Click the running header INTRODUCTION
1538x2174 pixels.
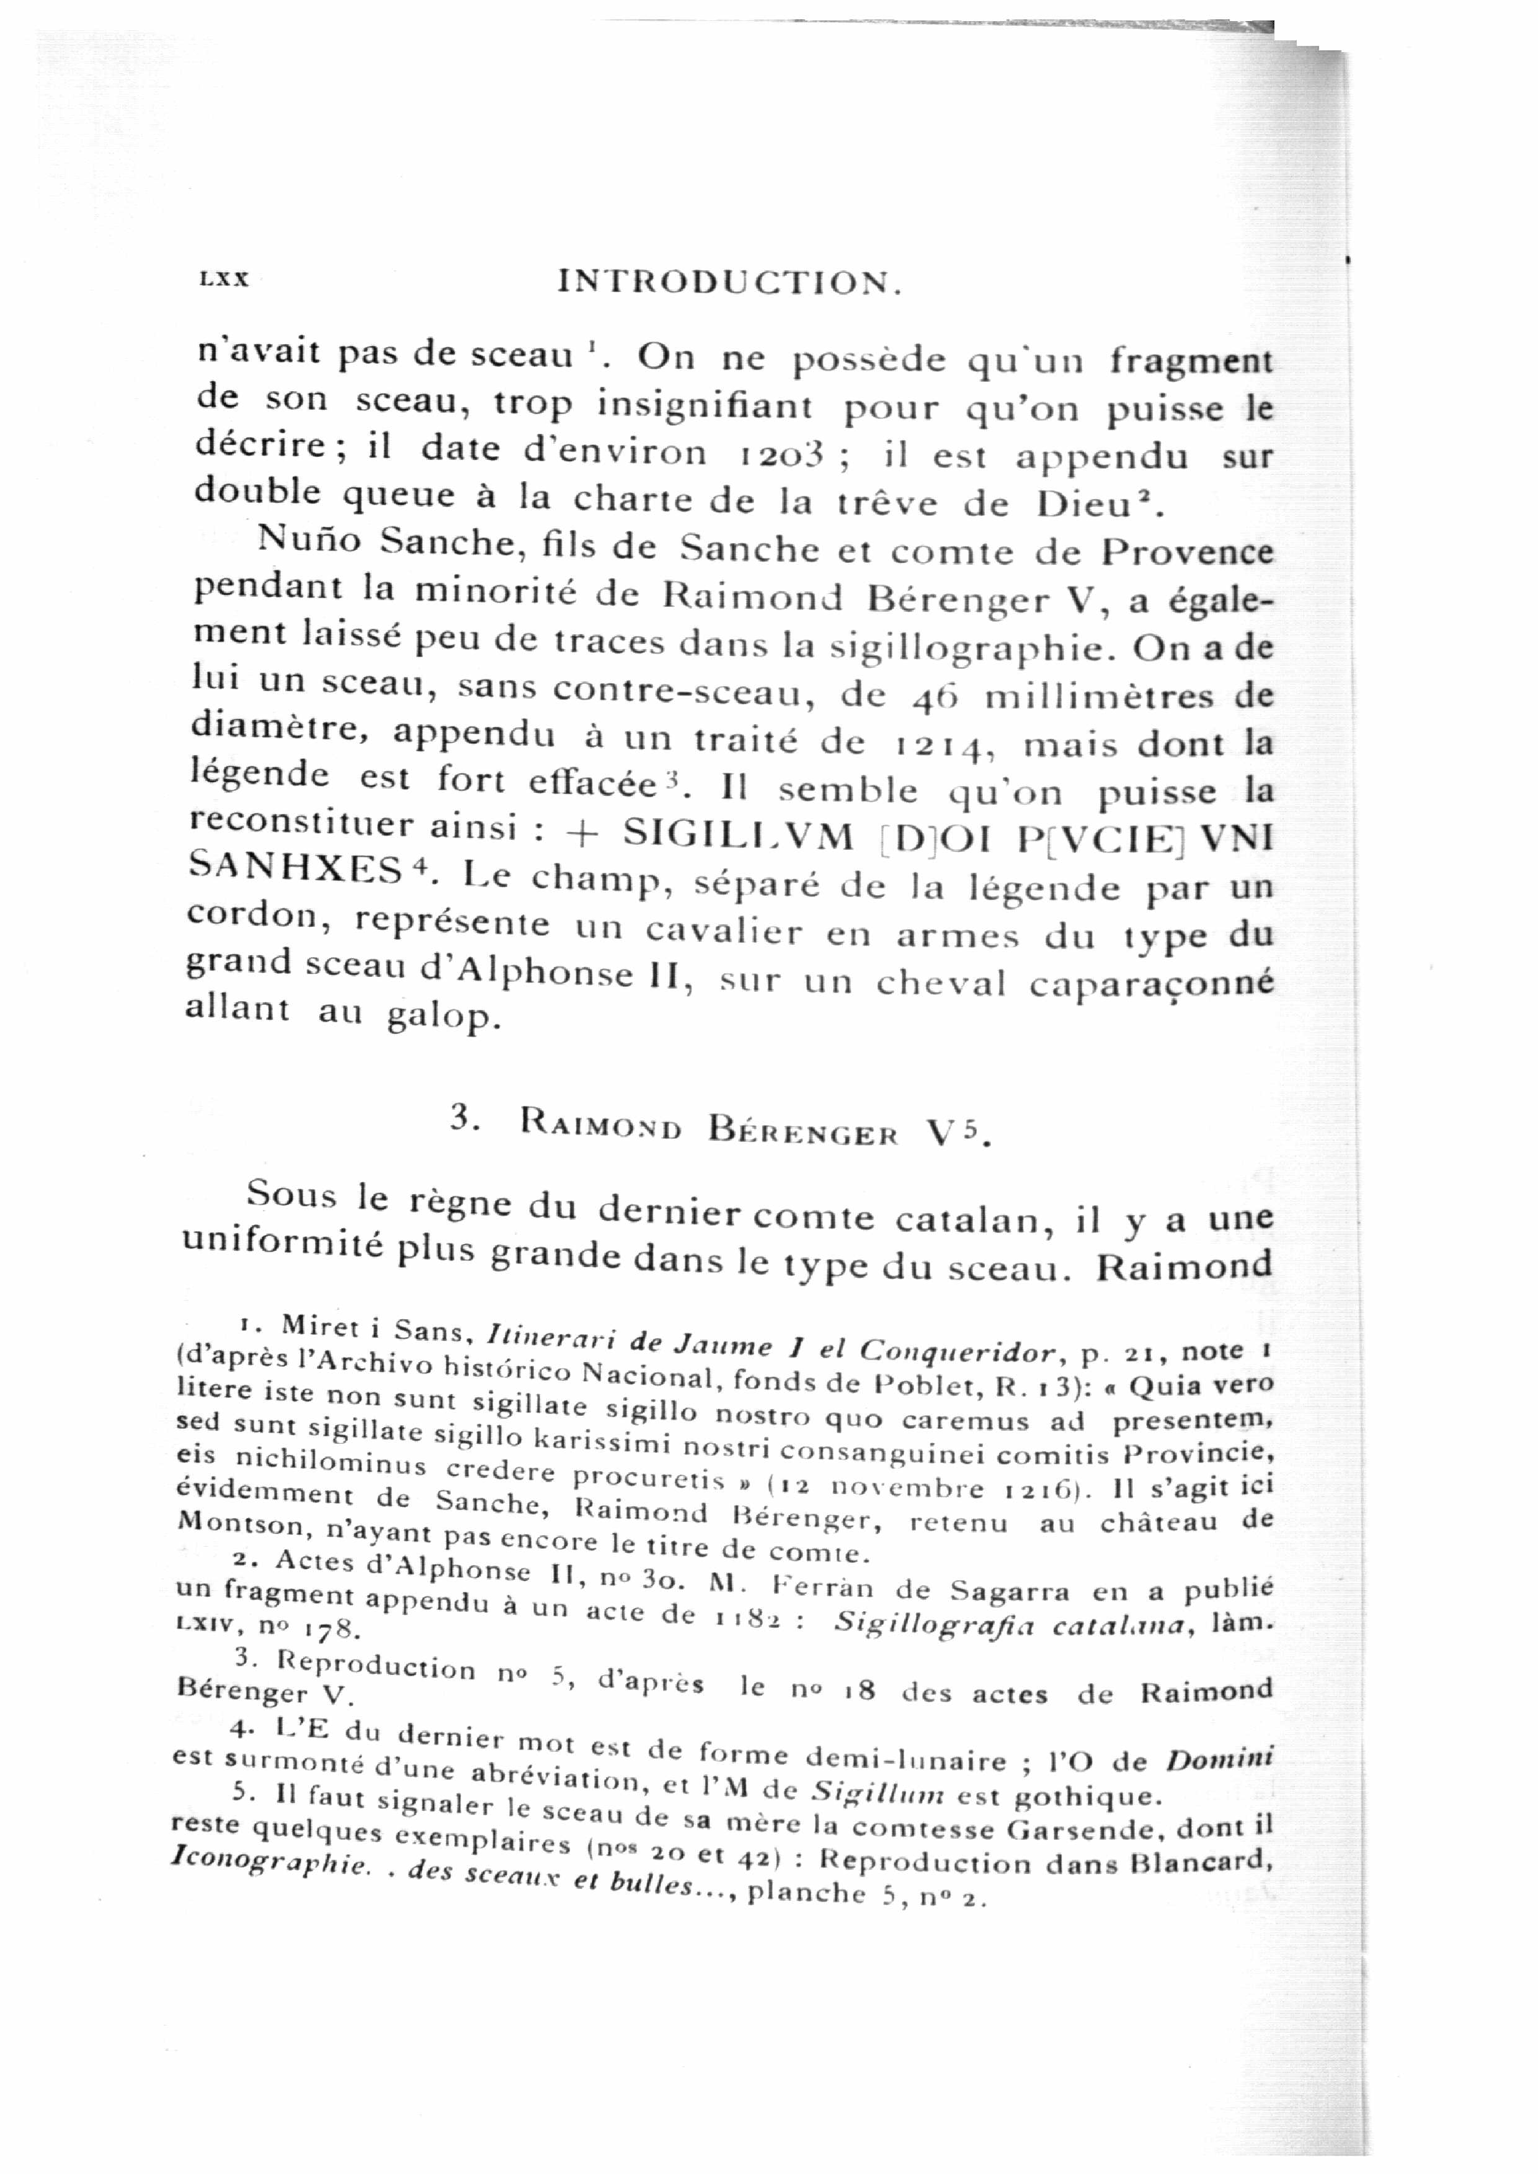click(x=728, y=282)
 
